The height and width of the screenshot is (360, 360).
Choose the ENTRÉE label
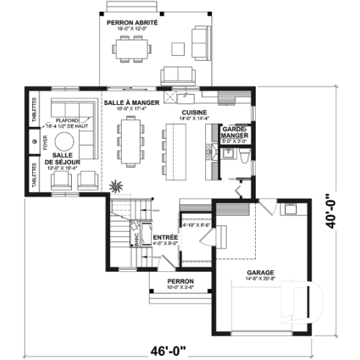[x=166, y=238]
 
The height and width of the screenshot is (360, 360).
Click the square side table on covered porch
[x=178, y=48]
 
